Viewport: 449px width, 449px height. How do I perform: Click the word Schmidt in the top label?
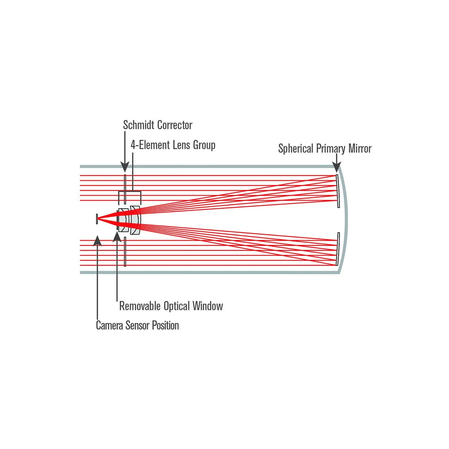pyautogui.click(x=139, y=125)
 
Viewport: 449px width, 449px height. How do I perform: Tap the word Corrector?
pyautogui.click(x=175, y=125)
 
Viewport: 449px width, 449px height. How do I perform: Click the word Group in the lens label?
pyautogui.click(x=204, y=145)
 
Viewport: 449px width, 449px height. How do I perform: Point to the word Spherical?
pyautogui.click(x=296, y=149)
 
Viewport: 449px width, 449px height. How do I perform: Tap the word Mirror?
pyautogui.click(x=360, y=148)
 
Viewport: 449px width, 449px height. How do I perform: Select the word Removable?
pyautogui.click(x=140, y=306)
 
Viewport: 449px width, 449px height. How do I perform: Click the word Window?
pyautogui.click(x=208, y=306)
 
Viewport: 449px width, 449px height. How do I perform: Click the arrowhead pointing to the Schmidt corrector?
pyautogui.click(x=125, y=167)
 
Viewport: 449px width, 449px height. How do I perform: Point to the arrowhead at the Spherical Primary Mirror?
pyautogui.click(x=337, y=167)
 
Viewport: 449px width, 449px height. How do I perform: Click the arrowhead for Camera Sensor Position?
pyautogui.click(x=97, y=241)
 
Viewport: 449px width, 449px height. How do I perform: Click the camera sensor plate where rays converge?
pyautogui.click(x=97, y=219)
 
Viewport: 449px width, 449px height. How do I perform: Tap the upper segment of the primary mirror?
pyautogui.click(x=338, y=191)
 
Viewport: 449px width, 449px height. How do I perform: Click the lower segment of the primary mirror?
pyautogui.click(x=338, y=249)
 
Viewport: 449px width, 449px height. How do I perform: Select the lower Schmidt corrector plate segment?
pyautogui.click(x=125, y=252)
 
